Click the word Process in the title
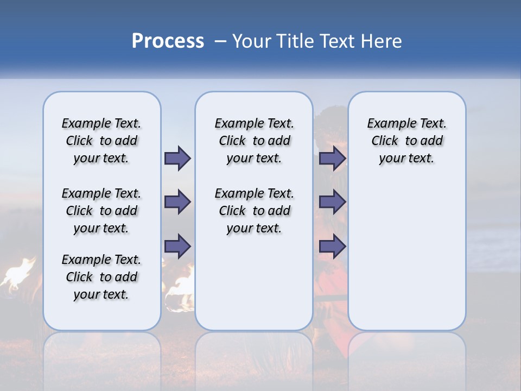tap(168, 41)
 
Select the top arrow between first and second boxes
tap(177, 158)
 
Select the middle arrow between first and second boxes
tap(177, 202)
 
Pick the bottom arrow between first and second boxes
tap(177, 246)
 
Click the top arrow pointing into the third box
tap(332, 158)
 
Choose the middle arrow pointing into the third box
tap(332, 202)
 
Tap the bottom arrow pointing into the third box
tap(332, 246)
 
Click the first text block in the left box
tap(101, 141)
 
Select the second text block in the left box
tap(101, 211)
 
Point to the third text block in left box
tap(101, 277)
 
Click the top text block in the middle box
tap(254, 141)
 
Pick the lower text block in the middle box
tap(254, 211)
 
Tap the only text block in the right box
tap(406, 141)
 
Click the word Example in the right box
tap(387, 124)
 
